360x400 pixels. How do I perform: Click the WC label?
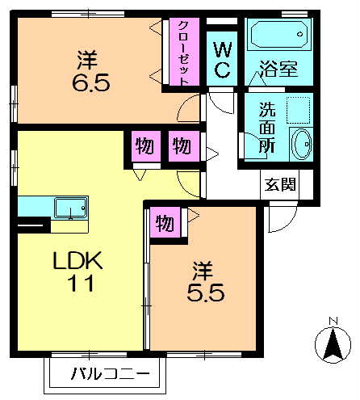click(x=221, y=58)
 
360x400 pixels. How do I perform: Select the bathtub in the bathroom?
click(x=278, y=36)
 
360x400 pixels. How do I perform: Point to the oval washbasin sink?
click(x=302, y=145)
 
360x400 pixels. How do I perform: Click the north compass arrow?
click(x=332, y=346)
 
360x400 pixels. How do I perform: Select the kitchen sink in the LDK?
click(x=71, y=207)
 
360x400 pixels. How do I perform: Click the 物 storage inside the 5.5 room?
click(x=164, y=223)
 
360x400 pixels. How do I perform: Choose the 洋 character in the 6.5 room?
click(x=87, y=59)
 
